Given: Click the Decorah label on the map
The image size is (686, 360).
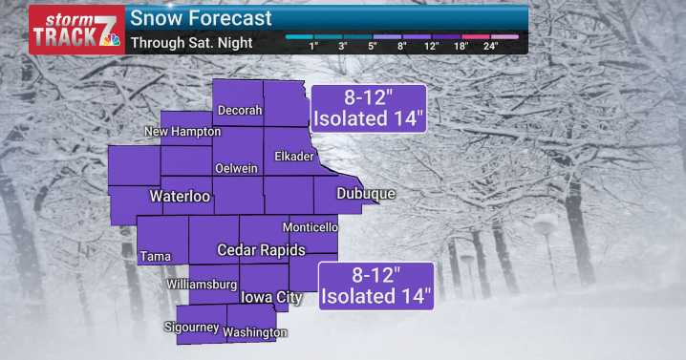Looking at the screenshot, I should click(x=240, y=111).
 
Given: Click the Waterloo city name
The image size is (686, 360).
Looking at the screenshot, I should click(x=180, y=197).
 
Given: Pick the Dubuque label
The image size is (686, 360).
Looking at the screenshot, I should click(x=366, y=194).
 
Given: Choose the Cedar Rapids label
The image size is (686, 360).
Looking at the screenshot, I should click(x=261, y=250).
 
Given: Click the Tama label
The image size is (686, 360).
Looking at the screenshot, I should click(x=155, y=256).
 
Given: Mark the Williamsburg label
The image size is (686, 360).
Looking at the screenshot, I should click(x=201, y=285).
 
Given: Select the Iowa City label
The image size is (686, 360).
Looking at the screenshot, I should click(x=271, y=297).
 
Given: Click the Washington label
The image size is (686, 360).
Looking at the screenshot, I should click(x=255, y=332).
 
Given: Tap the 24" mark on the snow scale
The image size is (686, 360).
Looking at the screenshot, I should click(x=490, y=46).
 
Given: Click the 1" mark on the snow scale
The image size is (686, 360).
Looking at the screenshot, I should click(x=314, y=46).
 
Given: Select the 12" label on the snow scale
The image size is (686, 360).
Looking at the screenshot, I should click(x=432, y=46).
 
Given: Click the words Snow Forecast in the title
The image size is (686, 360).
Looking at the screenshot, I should click(x=201, y=18).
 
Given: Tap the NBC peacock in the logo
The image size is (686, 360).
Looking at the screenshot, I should click(x=111, y=40).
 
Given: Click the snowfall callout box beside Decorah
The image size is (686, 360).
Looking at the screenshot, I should click(x=369, y=108).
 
